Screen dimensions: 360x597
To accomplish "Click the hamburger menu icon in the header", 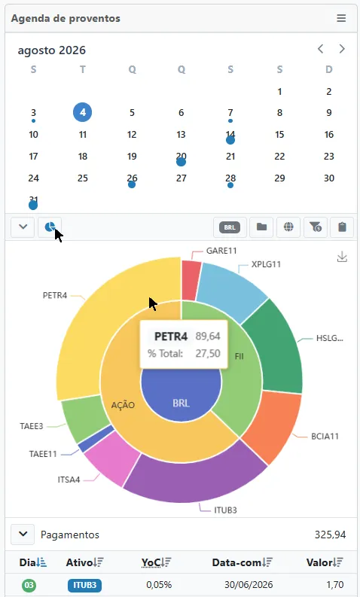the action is click(341, 18).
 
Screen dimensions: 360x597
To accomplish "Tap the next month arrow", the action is click(342, 49).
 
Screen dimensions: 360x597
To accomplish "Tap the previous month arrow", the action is click(320, 49).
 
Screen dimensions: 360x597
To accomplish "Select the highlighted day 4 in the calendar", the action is click(83, 112).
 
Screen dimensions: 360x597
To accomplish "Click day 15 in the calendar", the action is click(279, 135).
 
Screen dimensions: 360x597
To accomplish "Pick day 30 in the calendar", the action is click(329, 178).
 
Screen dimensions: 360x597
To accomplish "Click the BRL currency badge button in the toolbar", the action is click(230, 227).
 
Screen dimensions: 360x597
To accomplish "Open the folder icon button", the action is click(261, 227).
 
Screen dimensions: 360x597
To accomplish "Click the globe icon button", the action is click(288, 227).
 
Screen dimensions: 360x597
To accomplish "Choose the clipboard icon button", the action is click(342, 227).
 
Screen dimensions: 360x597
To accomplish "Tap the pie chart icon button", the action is click(50, 227).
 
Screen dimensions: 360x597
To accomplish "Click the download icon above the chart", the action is click(342, 257).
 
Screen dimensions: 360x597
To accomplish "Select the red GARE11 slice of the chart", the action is click(190, 280).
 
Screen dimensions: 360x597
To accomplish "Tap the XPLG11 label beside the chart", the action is click(266, 264).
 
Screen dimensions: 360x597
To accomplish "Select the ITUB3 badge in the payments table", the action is click(84, 585).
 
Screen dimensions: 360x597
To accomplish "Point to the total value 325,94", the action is click(331, 535).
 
